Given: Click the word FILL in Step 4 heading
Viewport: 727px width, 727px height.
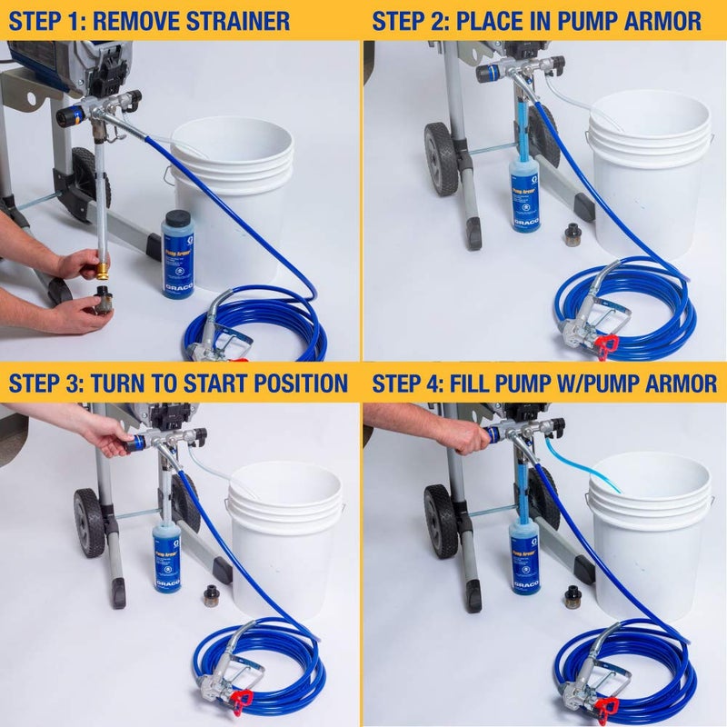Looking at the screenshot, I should [x=487, y=383].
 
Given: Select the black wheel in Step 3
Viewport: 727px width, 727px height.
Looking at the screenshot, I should [x=89, y=522].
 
